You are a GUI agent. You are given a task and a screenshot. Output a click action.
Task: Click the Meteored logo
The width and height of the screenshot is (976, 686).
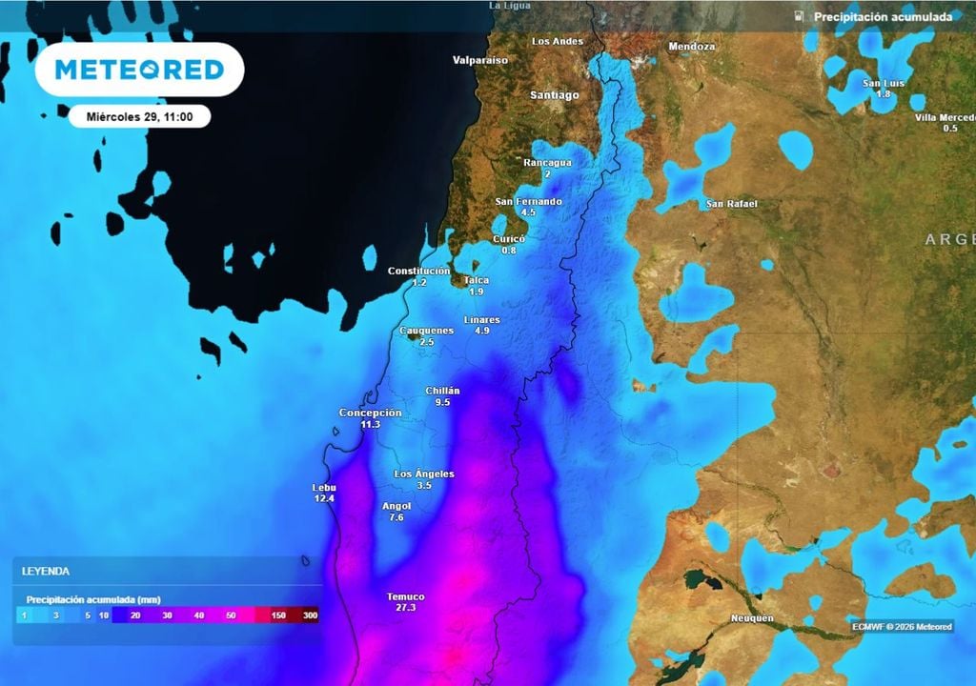[139, 70]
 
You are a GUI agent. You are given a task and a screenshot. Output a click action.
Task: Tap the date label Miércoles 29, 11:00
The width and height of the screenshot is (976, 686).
[139, 116]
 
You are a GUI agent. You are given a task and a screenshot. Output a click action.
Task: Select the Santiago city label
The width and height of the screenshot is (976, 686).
[555, 95]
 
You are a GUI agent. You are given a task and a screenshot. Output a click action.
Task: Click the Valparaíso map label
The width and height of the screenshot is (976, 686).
[480, 60]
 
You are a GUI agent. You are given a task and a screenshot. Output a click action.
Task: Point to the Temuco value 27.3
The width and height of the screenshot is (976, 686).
[406, 607]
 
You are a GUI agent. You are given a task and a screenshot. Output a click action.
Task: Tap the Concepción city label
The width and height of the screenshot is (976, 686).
[370, 413]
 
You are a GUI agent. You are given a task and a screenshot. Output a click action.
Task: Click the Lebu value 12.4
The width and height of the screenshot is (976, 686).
[325, 498]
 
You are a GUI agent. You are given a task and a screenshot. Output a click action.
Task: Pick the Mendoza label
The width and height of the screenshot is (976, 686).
[692, 47]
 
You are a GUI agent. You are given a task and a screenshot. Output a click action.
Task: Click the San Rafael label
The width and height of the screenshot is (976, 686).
[732, 204]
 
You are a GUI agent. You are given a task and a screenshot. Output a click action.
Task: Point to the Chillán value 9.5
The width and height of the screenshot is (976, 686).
[442, 402]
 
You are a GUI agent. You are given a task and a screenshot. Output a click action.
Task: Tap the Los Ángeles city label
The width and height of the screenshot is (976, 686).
[424, 474]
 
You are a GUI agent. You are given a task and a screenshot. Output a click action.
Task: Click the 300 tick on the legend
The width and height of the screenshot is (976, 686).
[310, 615]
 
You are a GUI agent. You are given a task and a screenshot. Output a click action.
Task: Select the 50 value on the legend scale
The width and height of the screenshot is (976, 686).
[231, 615]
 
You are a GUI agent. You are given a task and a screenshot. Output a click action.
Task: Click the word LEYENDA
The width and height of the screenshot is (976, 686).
[46, 572]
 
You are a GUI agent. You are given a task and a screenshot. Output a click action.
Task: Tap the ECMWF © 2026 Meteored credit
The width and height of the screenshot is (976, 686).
[902, 626]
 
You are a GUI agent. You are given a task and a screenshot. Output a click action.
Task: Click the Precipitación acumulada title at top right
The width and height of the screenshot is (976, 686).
[883, 17]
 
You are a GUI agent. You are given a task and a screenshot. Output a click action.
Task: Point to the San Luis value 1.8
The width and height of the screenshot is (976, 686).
[883, 94]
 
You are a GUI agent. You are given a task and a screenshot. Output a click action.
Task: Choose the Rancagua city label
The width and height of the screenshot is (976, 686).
[548, 162]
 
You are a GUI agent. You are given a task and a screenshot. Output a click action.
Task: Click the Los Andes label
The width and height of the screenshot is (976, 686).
[557, 41]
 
